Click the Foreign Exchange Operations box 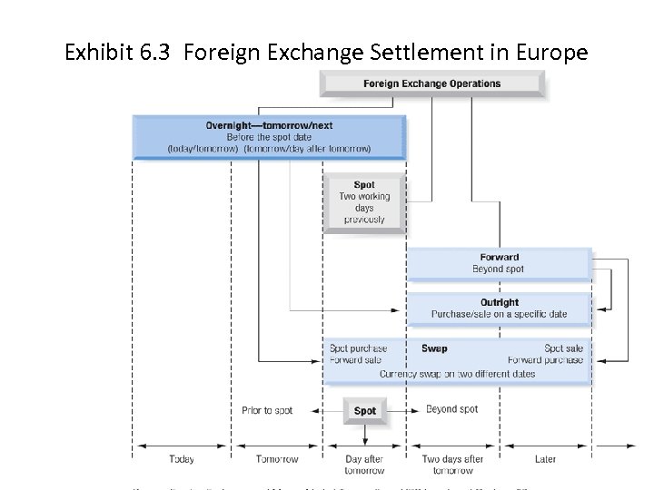432,83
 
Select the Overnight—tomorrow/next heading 269,124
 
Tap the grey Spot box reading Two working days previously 364,202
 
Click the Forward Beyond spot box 499,263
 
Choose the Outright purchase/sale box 499,309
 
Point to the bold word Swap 434,348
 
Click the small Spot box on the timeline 364,411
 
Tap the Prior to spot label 267,411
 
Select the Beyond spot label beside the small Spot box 451,410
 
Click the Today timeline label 181,459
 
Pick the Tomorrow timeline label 277,459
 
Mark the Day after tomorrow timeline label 364,465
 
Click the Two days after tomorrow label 452,465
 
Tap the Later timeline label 545,459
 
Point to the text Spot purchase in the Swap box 358,348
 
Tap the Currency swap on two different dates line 458,373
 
